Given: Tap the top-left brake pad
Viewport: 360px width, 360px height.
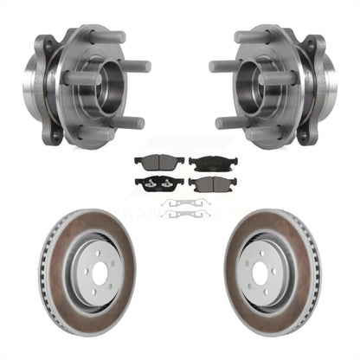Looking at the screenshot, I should coord(152,164).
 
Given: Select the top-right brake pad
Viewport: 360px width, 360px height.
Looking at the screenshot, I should coord(206,163).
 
